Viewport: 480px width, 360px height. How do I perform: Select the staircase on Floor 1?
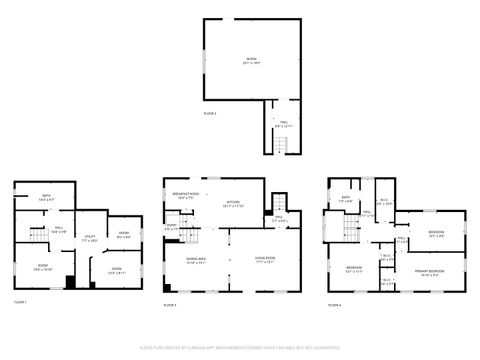38,236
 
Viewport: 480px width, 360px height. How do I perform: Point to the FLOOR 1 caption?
20,302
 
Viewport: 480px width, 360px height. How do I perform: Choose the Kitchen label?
233,201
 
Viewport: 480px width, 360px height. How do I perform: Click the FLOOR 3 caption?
169,305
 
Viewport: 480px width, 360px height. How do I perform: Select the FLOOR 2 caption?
209,114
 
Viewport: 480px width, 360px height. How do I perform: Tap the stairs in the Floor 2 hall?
283,145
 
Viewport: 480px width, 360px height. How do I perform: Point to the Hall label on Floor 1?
59,229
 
